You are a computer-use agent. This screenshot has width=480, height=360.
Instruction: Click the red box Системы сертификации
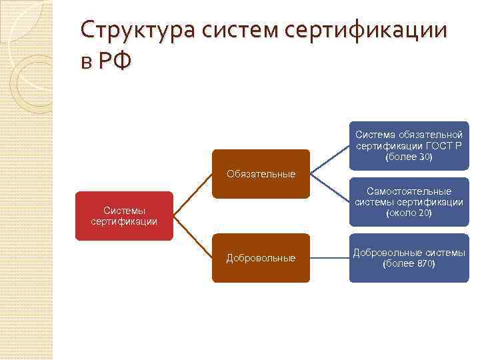tap(124, 216)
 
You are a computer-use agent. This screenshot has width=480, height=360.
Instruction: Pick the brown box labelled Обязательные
tap(261, 174)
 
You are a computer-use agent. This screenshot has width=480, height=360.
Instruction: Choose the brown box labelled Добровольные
tap(261, 257)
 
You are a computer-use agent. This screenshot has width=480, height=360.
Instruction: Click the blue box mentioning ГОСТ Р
tap(409, 146)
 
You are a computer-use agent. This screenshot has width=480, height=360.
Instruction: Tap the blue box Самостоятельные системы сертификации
tap(409, 202)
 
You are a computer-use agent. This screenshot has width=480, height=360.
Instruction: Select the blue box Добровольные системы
tap(409, 257)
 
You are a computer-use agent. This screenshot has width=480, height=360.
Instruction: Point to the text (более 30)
tap(409, 157)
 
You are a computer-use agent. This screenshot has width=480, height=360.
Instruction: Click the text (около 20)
tap(409, 213)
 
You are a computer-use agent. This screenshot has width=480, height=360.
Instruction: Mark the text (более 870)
tap(409, 263)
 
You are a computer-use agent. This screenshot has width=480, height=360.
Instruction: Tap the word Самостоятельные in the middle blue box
tap(409, 191)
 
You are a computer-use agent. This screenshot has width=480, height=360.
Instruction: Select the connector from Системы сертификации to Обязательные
tap(193, 195)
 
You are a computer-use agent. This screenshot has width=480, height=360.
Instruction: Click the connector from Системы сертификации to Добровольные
tap(193, 237)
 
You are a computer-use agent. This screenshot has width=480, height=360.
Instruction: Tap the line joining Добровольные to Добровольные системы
tap(329, 257)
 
